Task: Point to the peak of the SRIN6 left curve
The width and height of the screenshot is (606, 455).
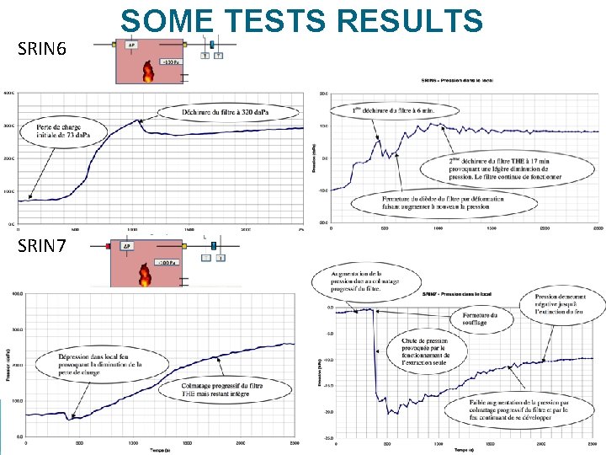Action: coord(142,121)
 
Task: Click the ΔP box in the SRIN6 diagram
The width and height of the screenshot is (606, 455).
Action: coord(132,46)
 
